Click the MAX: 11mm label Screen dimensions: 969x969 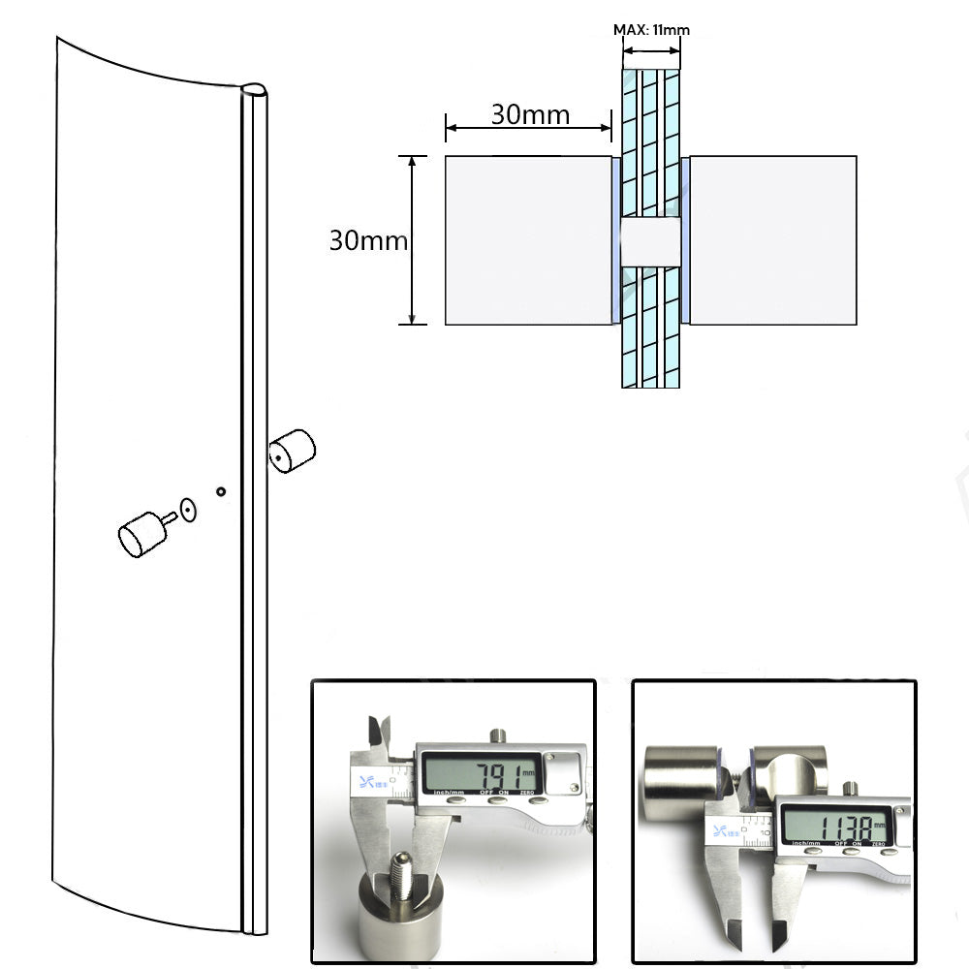pyautogui.click(x=651, y=30)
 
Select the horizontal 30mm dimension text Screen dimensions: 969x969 pyautogui.click(x=530, y=114)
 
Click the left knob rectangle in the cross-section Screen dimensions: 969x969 pyautogui.click(x=527, y=240)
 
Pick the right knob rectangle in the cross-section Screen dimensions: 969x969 pyautogui.click(x=773, y=240)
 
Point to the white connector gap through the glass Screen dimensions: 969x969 pyautogui.click(x=650, y=241)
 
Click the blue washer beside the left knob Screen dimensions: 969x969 pyautogui.click(x=615, y=240)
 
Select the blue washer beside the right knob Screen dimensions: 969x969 pyautogui.click(x=685, y=240)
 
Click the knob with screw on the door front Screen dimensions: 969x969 pyautogui.click(x=142, y=532)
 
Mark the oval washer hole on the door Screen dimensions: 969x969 pyautogui.click(x=188, y=510)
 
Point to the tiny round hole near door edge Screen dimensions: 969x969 pyautogui.click(x=221, y=492)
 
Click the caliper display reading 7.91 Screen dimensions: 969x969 pyautogui.click(x=480, y=773)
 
